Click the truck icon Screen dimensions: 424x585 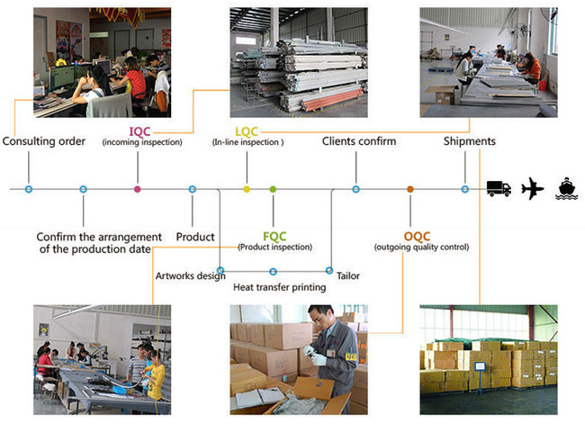[499, 189]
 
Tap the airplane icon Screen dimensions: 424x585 [533, 189]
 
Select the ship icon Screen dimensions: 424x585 [566, 189]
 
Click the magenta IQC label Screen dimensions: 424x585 [139, 131]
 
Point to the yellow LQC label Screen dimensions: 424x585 [246, 131]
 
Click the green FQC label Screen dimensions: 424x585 [274, 236]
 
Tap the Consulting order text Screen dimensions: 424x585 [44, 141]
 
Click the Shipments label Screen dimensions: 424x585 [470, 141]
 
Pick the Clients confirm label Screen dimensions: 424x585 [358, 141]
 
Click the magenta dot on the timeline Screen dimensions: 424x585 [137, 189]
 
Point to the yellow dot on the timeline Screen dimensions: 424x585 [246, 189]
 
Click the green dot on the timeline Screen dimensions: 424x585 [273, 189]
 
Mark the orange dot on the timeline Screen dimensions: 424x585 [409, 189]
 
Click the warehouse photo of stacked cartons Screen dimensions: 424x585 [489, 359]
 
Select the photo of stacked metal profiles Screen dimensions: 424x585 [299, 61]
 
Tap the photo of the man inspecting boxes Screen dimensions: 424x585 [299, 359]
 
